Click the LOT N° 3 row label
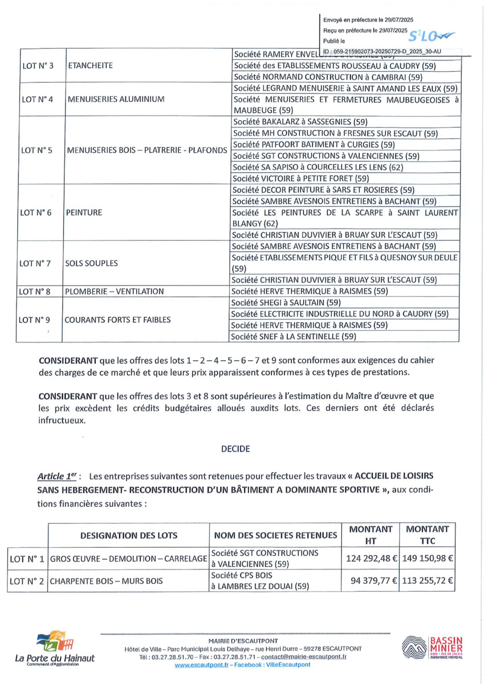coord(37,66)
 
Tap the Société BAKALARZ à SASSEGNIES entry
coord(300,121)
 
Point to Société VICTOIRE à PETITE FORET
coord(301,178)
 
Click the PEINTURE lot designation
coord(84,213)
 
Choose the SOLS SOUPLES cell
coord(92,263)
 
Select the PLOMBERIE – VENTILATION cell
coord(115,291)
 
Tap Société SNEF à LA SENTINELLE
coord(294,337)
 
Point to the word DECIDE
coord(235,449)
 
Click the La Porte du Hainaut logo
coord(55,647)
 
